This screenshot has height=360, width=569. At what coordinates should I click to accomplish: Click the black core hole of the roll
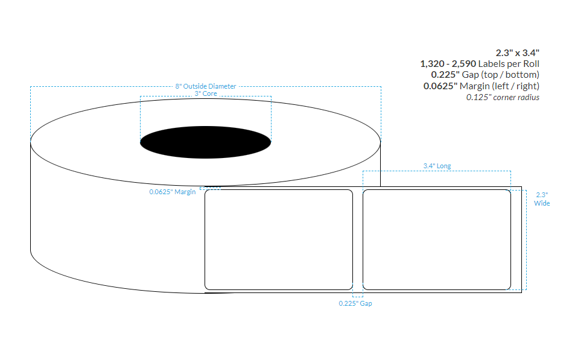pos(205,142)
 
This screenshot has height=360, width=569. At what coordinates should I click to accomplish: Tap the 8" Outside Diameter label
pos(205,86)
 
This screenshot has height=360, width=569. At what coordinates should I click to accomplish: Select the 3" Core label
pos(205,93)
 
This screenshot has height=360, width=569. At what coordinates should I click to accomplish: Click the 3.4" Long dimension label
pos(436,166)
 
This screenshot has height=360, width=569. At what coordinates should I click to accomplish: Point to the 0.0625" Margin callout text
pos(173,192)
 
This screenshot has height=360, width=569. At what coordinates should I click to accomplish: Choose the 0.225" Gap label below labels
pos(355,303)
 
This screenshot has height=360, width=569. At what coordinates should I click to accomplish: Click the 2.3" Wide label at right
pos(542,199)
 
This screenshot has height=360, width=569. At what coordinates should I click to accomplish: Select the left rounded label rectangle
pos(278,239)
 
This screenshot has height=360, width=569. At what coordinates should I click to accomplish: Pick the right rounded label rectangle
pos(436,239)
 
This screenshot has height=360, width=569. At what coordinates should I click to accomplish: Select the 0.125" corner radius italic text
pos(503,97)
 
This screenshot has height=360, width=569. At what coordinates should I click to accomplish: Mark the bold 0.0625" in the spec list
pos(443,86)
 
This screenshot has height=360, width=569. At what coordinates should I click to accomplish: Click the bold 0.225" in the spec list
pos(447,75)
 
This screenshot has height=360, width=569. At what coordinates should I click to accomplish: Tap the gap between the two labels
pos(357,239)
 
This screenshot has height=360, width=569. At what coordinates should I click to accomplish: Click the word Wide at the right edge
pos(542,203)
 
